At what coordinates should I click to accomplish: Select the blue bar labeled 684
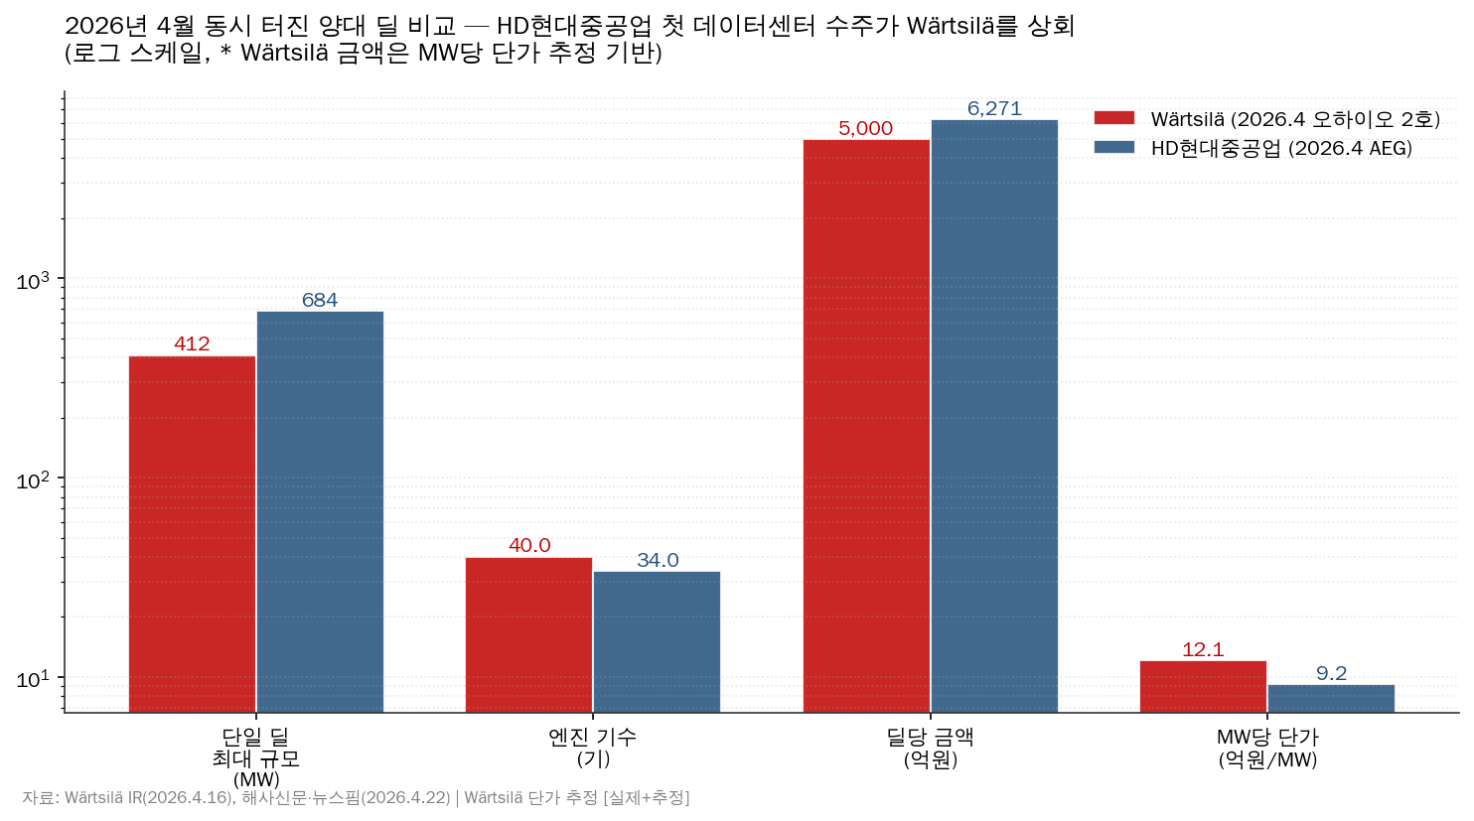tap(320, 511)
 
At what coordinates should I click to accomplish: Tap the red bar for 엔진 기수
tap(528, 634)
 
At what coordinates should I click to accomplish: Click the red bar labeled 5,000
tap(866, 426)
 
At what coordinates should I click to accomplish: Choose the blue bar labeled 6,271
tap(994, 416)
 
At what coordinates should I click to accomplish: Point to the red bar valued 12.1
tap(1203, 686)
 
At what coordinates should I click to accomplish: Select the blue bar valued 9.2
tap(1331, 698)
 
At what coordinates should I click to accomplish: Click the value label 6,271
tap(994, 109)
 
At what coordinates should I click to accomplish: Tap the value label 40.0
tap(529, 546)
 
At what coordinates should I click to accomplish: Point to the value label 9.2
tap(1331, 674)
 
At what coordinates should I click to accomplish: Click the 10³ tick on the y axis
tap(33, 282)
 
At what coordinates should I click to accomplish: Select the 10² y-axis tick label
tap(33, 481)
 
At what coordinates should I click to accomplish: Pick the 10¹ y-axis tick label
tap(33, 680)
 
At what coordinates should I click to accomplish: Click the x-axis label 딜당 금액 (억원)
tap(930, 749)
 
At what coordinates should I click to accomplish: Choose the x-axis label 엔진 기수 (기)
tap(593, 749)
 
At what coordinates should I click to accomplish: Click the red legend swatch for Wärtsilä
tap(1113, 119)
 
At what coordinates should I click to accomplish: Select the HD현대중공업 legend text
tap(1281, 149)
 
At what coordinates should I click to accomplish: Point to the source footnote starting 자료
tap(356, 798)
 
